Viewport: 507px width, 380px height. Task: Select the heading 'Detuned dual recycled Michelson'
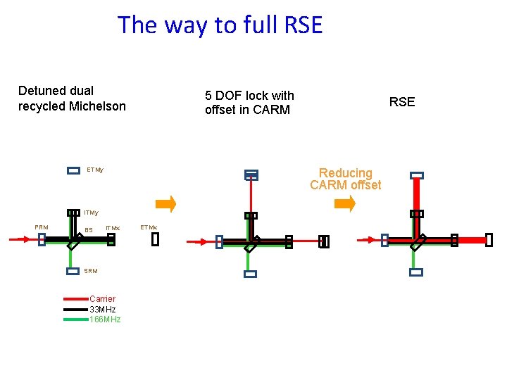point(72,99)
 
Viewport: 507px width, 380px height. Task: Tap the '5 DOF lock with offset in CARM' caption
point(249,103)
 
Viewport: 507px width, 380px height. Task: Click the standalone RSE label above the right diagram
point(402,102)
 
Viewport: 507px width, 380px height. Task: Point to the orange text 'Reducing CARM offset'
point(345,179)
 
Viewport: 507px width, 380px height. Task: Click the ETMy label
point(95,170)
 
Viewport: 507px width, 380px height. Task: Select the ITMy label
point(92,213)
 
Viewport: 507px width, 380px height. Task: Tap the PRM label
point(42,227)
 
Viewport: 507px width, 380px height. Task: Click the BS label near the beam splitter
point(89,230)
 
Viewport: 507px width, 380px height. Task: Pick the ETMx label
point(149,227)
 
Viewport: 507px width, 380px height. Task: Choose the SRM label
point(91,271)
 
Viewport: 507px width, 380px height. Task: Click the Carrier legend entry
point(102,299)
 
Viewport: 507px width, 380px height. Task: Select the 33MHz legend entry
point(102,309)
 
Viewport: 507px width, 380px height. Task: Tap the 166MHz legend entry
point(105,319)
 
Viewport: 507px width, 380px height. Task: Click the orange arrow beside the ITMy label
point(165,204)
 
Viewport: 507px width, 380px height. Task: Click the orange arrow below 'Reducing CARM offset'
point(345,204)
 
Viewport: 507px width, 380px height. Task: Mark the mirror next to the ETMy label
point(73,170)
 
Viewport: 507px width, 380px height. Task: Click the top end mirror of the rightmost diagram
point(417,175)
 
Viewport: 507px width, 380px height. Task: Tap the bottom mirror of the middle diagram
point(250,274)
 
